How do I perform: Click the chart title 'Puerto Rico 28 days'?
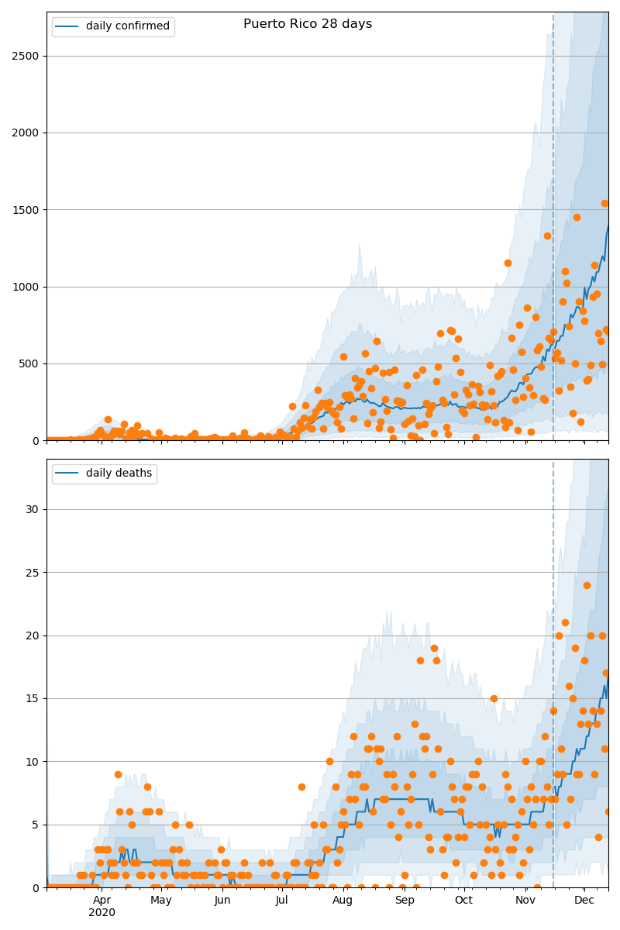pyautogui.click(x=308, y=24)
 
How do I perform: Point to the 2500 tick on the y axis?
pyautogui.click(x=27, y=56)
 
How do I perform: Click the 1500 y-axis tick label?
pyautogui.click(x=27, y=210)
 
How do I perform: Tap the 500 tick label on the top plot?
pyautogui.click(x=30, y=363)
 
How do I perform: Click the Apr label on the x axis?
pyautogui.click(x=102, y=900)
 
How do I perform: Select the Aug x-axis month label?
pyautogui.click(x=343, y=900)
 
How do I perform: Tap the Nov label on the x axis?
pyautogui.click(x=525, y=900)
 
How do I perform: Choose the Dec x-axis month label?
pyautogui.click(x=584, y=900)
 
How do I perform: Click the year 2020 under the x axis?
pyautogui.click(x=102, y=912)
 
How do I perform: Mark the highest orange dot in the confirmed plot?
pyautogui.click(x=604, y=203)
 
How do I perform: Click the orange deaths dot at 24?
pyautogui.click(x=587, y=585)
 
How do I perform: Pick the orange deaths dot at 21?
pyautogui.click(x=565, y=623)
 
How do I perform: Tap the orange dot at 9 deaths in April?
pyautogui.click(x=118, y=774)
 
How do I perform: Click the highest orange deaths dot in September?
pyautogui.click(x=434, y=648)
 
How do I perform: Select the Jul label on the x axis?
pyautogui.click(x=281, y=900)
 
